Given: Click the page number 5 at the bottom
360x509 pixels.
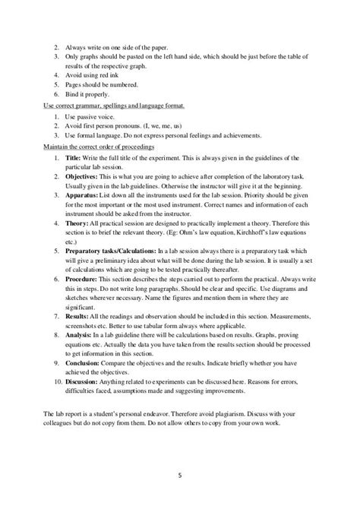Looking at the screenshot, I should click(180, 478).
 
